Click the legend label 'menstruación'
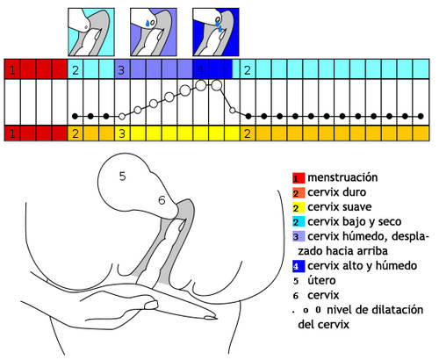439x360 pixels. coord(342,177)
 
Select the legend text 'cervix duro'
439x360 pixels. coord(337,192)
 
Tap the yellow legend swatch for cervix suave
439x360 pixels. coord(299,207)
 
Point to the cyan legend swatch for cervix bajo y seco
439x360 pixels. coord(299,222)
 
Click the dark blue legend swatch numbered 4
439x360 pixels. coord(299,266)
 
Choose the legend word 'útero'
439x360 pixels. coord(321,280)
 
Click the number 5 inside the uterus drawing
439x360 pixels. coord(122,176)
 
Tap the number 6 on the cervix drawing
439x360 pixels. coord(162,200)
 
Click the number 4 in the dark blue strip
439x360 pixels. coord(200,70)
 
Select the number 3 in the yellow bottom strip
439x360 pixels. coord(122,133)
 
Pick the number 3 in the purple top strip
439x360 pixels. coord(121,70)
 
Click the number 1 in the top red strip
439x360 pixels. coord(12,70)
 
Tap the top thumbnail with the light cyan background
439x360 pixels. coord(91,32)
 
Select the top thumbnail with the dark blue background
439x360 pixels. coord(216,32)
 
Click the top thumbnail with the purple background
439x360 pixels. coord(154,32)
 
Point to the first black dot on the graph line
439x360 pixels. coord(75,116)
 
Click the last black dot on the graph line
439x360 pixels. coord(421,116)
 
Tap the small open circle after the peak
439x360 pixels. coord(233,111)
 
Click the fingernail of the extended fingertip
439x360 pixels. coord(210,317)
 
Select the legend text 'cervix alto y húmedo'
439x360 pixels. coord(363,266)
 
